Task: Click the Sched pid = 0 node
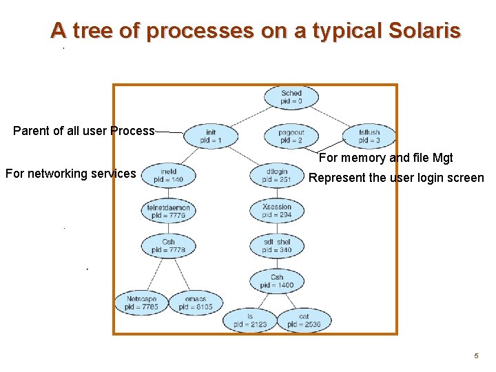[x=291, y=97]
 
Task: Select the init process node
[x=211, y=136]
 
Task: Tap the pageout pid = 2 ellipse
[x=291, y=136]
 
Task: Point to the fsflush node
[x=369, y=136]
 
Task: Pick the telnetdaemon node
[x=168, y=211]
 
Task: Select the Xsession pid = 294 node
[x=277, y=211]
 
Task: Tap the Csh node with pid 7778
[x=168, y=246]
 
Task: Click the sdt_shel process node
[x=277, y=246]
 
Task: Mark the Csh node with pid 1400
[x=277, y=281]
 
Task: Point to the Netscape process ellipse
[x=142, y=303]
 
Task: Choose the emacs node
[x=196, y=303]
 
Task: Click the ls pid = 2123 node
[x=249, y=320]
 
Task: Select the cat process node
[x=304, y=320]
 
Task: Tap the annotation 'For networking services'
[x=71, y=174]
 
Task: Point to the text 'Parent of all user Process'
[x=84, y=131]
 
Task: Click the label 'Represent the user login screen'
[x=396, y=178]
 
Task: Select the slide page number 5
[x=475, y=356]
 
